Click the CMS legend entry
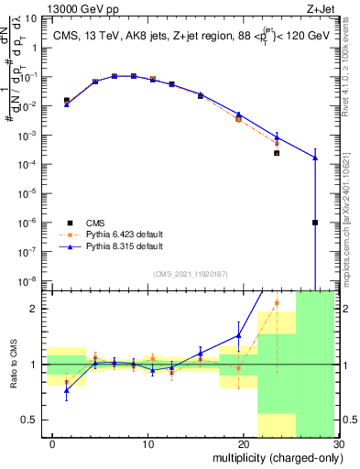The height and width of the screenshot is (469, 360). point(94,223)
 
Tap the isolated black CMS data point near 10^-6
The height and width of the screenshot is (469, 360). point(314,223)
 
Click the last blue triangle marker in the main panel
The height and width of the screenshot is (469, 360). point(314,158)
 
